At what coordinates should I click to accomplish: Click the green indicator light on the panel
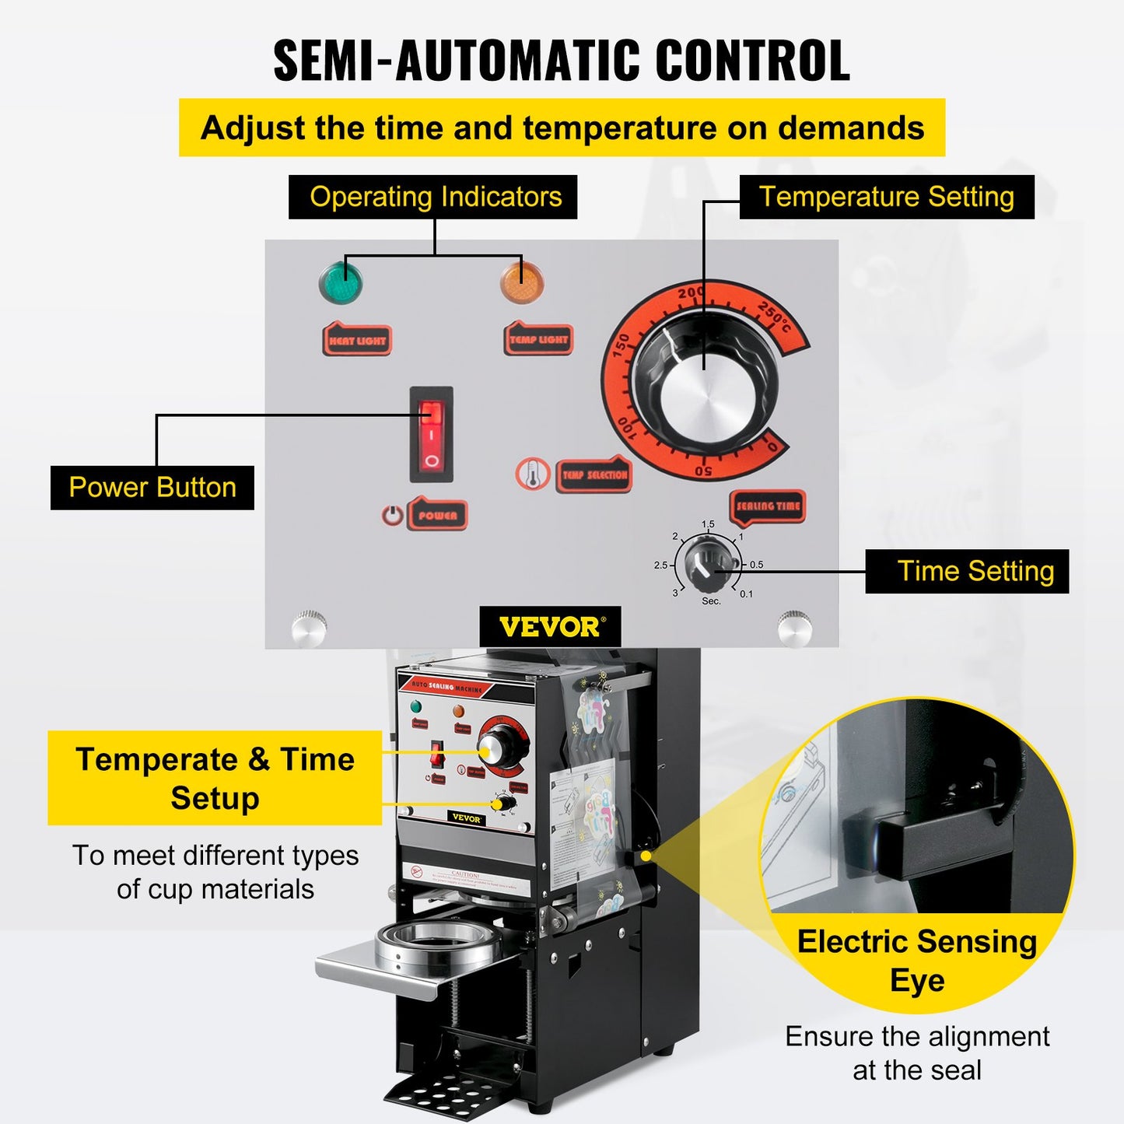point(341,282)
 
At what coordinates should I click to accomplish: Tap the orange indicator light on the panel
point(521,282)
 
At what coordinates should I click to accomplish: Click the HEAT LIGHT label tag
point(357,340)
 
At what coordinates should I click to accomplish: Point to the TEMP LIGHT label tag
point(538,339)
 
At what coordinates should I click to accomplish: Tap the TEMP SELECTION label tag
point(594,474)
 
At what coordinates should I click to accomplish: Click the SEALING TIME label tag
point(767,506)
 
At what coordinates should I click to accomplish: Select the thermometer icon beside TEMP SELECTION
point(533,474)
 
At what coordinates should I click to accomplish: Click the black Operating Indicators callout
point(433,197)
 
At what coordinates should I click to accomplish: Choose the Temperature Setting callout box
point(886,197)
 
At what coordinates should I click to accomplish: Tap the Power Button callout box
point(152,488)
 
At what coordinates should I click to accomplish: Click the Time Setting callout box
point(967,572)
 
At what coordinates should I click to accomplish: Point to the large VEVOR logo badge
point(550,627)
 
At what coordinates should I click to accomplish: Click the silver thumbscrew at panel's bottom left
point(309,627)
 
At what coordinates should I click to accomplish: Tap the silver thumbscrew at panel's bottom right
point(794,627)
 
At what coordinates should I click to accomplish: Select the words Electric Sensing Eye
point(917,961)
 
